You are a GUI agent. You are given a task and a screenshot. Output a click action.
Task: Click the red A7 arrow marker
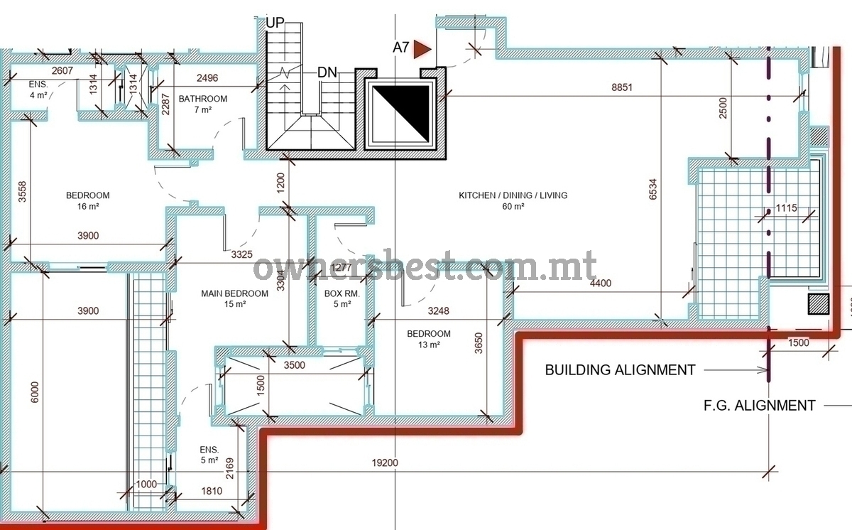point(422,49)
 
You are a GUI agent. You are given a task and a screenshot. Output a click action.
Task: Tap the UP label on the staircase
point(275,23)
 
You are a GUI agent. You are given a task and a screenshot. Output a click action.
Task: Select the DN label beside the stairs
point(327,72)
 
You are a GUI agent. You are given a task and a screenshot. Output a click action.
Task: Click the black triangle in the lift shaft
point(401,113)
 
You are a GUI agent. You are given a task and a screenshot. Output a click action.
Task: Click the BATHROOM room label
point(203,99)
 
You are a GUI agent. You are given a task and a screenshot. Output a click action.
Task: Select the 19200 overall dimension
point(385,463)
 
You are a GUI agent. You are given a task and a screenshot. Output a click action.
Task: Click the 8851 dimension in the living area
point(622,87)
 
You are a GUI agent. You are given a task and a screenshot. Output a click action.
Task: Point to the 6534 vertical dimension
point(652,189)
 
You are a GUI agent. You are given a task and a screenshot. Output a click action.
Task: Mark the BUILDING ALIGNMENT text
point(620,370)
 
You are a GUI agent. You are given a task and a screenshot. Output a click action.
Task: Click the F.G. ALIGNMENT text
point(759,406)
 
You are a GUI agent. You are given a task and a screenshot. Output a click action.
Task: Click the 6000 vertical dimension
point(34,392)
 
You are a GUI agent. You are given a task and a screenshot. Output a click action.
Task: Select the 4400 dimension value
point(601,283)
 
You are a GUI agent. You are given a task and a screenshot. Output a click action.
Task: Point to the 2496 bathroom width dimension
point(207,78)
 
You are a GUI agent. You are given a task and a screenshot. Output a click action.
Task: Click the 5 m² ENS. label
point(209,455)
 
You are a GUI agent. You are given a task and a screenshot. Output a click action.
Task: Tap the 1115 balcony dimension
point(786,208)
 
